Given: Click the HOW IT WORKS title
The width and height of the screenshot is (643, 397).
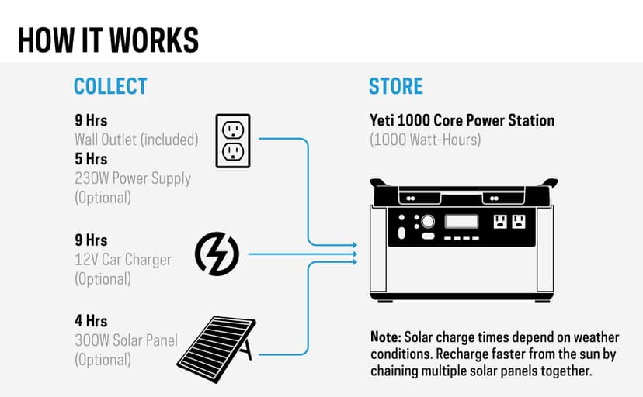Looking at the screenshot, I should pyautogui.click(x=108, y=39).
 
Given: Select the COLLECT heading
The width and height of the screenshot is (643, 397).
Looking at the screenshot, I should pyautogui.click(x=110, y=85).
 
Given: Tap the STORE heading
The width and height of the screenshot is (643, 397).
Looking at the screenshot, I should pyautogui.click(x=396, y=85).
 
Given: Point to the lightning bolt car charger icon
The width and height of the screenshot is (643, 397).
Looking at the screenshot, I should pyautogui.click(x=217, y=254).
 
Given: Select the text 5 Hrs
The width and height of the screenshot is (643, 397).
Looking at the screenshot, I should pyautogui.click(x=91, y=159).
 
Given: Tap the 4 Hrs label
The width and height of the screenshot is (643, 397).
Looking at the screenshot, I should pyautogui.click(x=91, y=320).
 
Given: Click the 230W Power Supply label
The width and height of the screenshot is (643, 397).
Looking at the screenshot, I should pyautogui.click(x=132, y=178).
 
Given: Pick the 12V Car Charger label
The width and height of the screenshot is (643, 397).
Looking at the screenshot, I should pyautogui.click(x=122, y=260).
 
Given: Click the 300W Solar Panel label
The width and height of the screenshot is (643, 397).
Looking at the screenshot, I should pyautogui.click(x=126, y=340).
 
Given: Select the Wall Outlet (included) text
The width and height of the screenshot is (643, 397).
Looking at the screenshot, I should pyautogui.click(x=136, y=140).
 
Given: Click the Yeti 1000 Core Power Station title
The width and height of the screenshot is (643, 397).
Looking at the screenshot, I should pyautogui.click(x=461, y=121).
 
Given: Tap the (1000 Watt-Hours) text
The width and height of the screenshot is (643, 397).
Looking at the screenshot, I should pyautogui.click(x=426, y=140).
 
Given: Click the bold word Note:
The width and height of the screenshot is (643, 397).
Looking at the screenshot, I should pyautogui.click(x=386, y=337).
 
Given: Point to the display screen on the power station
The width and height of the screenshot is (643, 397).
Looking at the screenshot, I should pyautogui.click(x=461, y=221).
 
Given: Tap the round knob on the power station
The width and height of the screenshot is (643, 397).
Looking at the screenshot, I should pyautogui.click(x=428, y=221).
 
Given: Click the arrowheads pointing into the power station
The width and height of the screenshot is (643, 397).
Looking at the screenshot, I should pyautogui.click(x=354, y=254).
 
